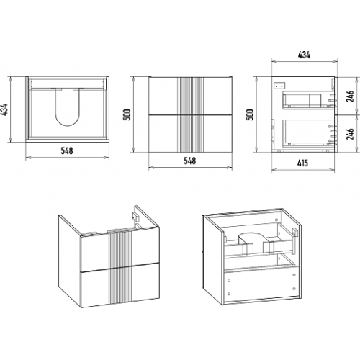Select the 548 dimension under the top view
click(x=67, y=150)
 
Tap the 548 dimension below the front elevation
click(x=189, y=161)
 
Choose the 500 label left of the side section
click(x=250, y=114)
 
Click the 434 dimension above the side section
click(x=304, y=55)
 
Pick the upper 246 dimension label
click(x=351, y=96)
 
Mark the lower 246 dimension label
click(x=351, y=134)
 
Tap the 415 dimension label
click(x=302, y=163)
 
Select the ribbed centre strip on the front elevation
click(x=190, y=114)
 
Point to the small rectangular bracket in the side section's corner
click(x=279, y=85)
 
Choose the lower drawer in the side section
click(x=308, y=133)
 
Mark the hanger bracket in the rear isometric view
click(x=294, y=232)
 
